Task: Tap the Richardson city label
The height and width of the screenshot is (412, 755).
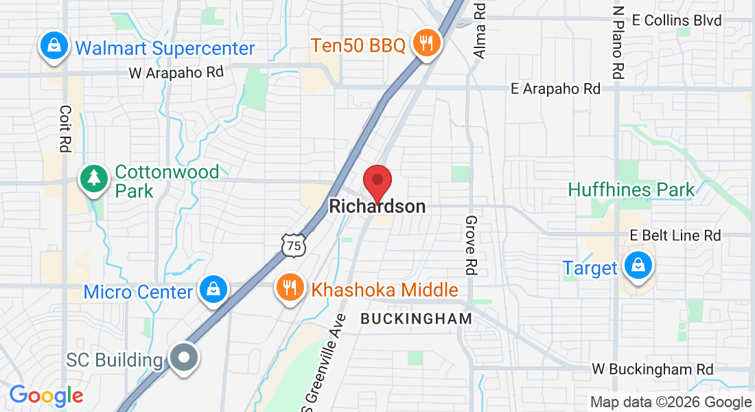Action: tap(377, 206)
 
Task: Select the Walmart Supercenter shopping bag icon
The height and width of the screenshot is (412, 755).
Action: tap(53, 47)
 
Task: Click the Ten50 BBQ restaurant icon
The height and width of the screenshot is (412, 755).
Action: tap(426, 44)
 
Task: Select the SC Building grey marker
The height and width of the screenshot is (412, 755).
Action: tap(183, 358)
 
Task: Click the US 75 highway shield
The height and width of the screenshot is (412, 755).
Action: tap(293, 245)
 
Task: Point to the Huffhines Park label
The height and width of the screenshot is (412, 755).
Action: tap(632, 190)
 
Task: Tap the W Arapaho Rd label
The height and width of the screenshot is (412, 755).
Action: tap(177, 72)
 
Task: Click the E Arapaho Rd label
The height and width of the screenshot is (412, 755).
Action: tap(556, 89)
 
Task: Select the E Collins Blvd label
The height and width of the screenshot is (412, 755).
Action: tap(677, 21)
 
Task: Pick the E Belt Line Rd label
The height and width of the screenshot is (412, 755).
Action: tap(675, 236)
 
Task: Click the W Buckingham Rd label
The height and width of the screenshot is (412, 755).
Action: tap(652, 369)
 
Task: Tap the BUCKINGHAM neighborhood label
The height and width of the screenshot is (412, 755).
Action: tap(417, 319)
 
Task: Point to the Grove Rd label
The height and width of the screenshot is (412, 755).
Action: tap(471, 245)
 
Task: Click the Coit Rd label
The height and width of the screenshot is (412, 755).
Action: tap(66, 128)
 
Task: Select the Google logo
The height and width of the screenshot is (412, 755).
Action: tap(46, 396)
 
